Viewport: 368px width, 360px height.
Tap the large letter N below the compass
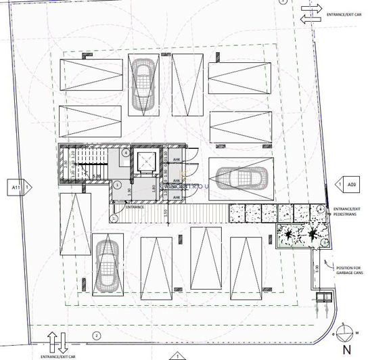click(346, 350)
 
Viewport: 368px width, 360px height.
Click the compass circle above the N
click(346, 332)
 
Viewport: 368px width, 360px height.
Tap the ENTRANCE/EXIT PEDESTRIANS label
click(347, 211)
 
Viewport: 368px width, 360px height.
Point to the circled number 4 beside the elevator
click(126, 153)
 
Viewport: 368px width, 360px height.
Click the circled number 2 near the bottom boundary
click(96, 336)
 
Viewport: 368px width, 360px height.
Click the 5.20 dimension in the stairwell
click(96, 175)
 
